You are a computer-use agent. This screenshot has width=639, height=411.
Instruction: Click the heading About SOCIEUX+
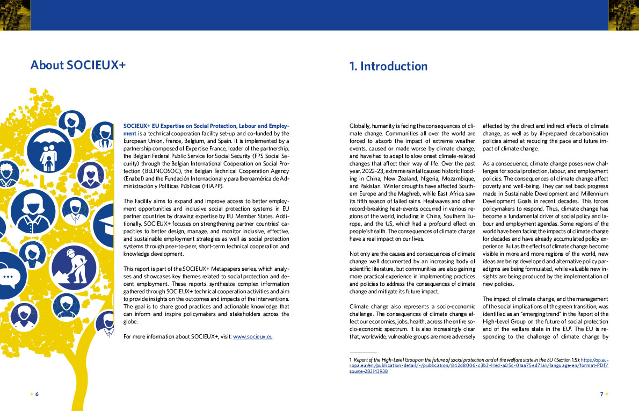click(x=78, y=66)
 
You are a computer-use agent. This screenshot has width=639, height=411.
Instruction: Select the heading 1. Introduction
click(x=388, y=66)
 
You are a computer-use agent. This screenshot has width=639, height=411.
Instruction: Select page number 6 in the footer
click(x=37, y=394)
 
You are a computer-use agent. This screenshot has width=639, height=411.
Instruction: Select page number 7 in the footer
click(x=601, y=394)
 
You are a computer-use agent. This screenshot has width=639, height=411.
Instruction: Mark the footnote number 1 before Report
click(x=350, y=358)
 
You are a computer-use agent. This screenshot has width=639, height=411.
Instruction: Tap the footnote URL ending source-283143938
click(x=368, y=371)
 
